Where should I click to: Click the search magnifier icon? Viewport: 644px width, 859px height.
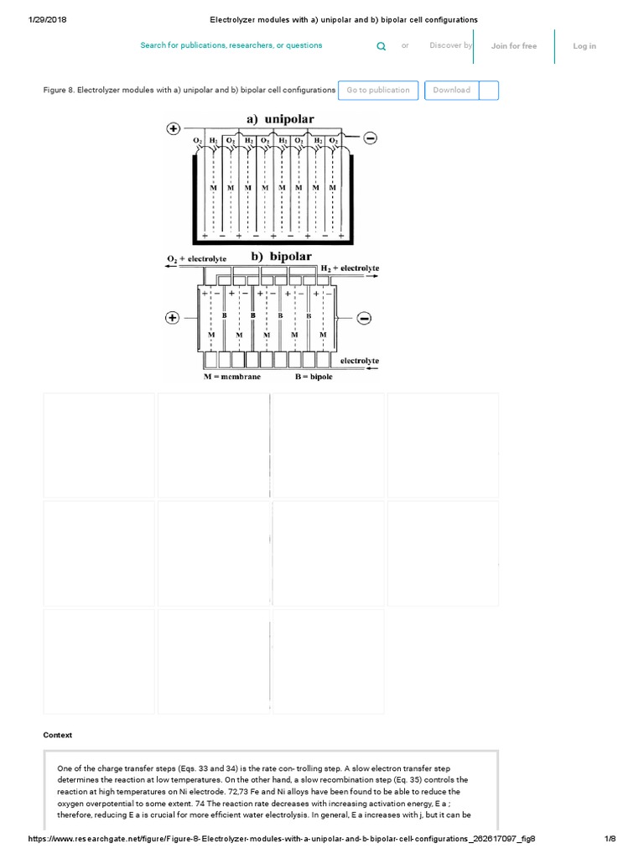pyautogui.click(x=382, y=47)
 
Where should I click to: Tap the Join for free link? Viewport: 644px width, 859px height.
pyautogui.click(x=513, y=46)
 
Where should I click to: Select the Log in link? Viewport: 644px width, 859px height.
pyautogui.click(x=584, y=46)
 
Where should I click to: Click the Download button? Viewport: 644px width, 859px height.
pyautogui.click(x=452, y=91)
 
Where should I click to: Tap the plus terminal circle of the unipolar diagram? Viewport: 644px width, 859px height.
pyautogui.click(x=173, y=128)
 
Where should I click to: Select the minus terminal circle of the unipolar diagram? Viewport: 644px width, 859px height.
pyautogui.click(x=370, y=138)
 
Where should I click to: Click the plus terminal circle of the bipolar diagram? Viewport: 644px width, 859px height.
pyautogui.click(x=173, y=318)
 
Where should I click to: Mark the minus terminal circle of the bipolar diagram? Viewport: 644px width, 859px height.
pyautogui.click(x=363, y=318)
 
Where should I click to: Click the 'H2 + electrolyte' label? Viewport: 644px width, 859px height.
pyautogui.click(x=350, y=268)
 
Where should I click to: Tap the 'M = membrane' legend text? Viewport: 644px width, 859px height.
pyautogui.click(x=231, y=377)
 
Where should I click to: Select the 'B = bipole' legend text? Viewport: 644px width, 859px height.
pyautogui.click(x=313, y=377)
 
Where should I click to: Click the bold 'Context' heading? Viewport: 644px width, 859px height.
pyautogui.click(x=58, y=735)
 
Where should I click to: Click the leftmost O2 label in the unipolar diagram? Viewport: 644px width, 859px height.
pyautogui.click(x=198, y=140)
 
